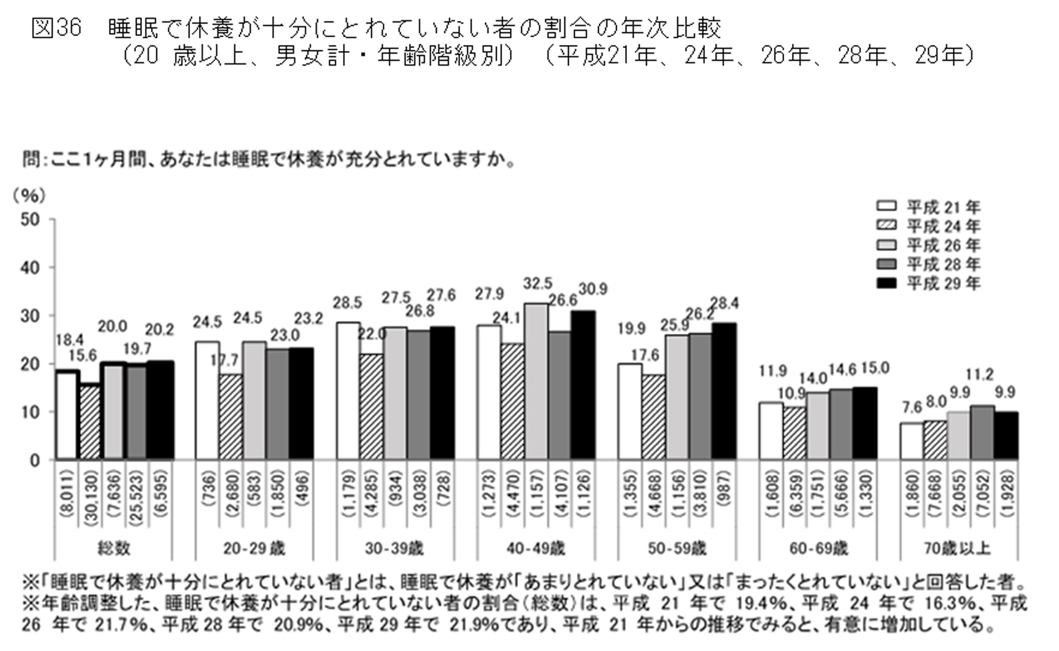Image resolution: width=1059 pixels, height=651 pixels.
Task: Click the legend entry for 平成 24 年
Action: click(x=929, y=226)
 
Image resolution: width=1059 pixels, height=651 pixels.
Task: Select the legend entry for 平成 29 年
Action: click(x=929, y=283)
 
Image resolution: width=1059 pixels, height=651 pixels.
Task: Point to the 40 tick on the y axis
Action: click(x=30, y=267)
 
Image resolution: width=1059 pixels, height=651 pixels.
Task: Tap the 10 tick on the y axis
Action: click(x=30, y=412)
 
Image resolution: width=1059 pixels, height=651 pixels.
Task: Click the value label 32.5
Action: click(x=537, y=284)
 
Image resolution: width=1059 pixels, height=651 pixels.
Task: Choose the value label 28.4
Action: click(x=725, y=303)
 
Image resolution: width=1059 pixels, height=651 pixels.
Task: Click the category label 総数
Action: click(x=114, y=549)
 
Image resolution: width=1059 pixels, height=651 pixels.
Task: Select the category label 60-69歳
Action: click(x=818, y=549)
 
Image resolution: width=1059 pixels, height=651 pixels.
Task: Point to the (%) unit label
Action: click(x=29, y=195)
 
